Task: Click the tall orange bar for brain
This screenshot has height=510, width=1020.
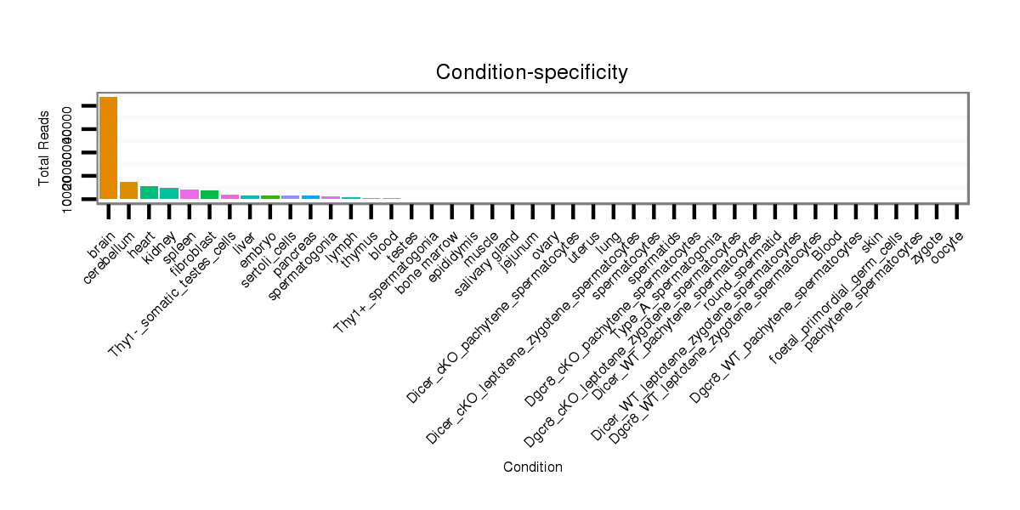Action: coord(109,148)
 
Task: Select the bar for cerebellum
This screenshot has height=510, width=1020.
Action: coord(129,190)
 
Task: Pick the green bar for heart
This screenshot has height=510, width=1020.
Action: coord(149,192)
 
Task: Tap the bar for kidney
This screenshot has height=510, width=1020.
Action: coord(169,193)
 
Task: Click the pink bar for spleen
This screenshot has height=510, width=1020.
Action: coord(190,194)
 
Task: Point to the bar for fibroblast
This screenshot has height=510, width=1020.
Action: coord(209,195)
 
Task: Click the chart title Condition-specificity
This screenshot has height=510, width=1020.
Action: coord(532,73)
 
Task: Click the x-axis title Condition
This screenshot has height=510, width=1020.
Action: coord(532,467)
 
